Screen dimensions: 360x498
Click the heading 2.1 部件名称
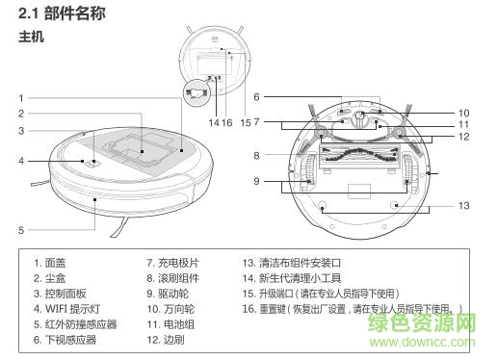click(x=63, y=15)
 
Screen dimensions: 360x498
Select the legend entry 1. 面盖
click(x=51, y=262)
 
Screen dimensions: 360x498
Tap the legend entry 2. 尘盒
click(x=51, y=277)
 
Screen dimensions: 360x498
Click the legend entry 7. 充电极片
click(x=172, y=262)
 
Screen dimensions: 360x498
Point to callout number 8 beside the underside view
click(x=257, y=155)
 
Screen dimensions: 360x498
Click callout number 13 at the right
click(x=463, y=206)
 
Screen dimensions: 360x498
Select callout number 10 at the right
click(x=463, y=112)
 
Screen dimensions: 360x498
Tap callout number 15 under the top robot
click(x=246, y=122)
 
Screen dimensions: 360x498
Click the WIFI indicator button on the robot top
click(x=94, y=162)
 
